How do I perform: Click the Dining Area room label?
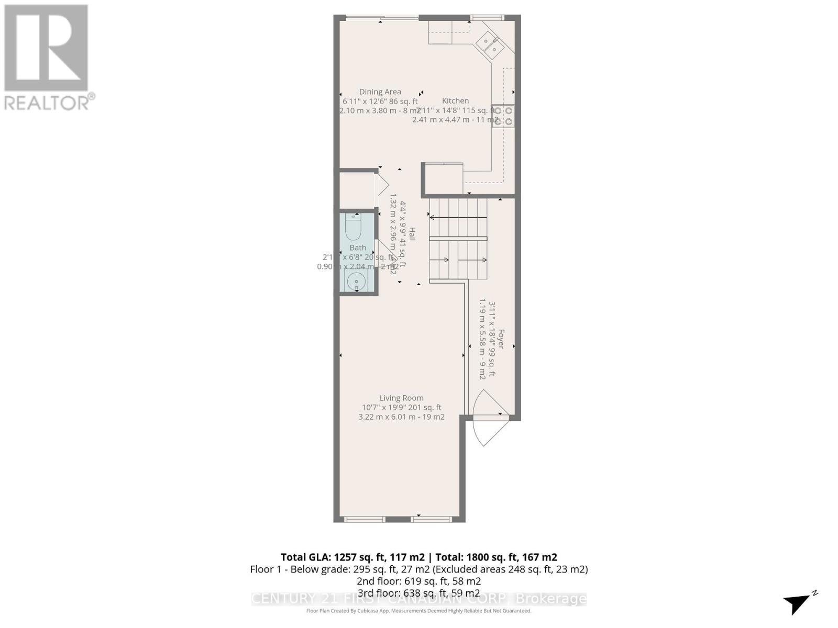click(x=380, y=92)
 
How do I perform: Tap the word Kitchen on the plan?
click(x=455, y=100)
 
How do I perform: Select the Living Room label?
click(x=402, y=398)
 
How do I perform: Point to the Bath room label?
click(x=358, y=248)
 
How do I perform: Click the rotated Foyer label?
click(x=501, y=339)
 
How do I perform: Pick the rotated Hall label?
click(x=412, y=234)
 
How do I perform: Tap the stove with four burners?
click(x=503, y=116)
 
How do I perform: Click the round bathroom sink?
click(x=357, y=281)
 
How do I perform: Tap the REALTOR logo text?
click(x=50, y=102)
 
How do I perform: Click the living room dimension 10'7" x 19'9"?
click(x=402, y=407)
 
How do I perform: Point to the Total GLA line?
click(x=418, y=557)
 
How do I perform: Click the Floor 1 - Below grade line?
click(x=418, y=569)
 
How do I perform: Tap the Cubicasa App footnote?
click(x=418, y=611)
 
